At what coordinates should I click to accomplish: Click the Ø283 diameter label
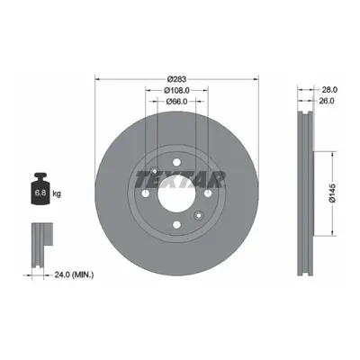point(176,79)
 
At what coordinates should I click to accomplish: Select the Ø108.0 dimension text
point(177,90)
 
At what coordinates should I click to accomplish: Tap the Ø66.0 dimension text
point(176,102)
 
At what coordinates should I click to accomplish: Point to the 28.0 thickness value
point(329,89)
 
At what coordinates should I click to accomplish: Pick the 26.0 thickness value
point(326,101)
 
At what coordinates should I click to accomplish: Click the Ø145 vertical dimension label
point(332,193)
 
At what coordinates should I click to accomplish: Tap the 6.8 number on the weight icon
point(40,193)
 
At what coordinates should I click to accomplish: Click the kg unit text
point(57,193)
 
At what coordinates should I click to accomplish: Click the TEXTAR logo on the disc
point(180,179)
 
